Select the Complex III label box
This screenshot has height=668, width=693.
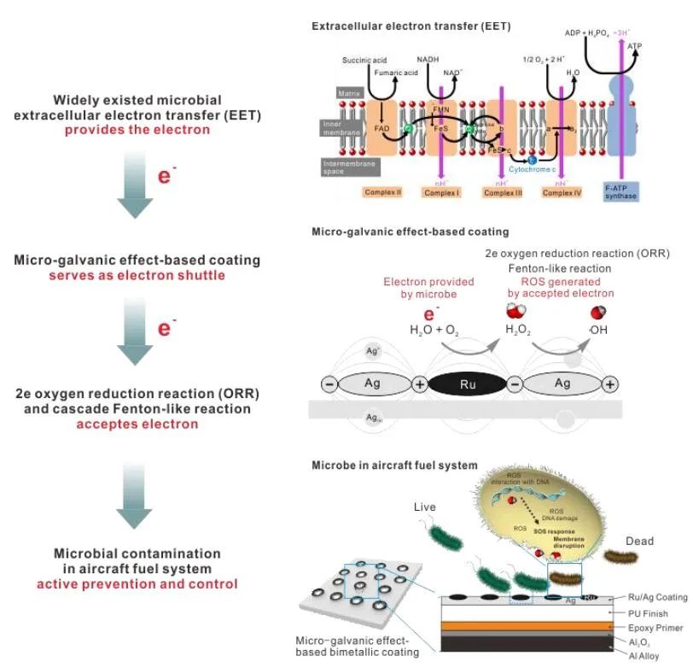point(503,193)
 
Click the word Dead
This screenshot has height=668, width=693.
point(639,541)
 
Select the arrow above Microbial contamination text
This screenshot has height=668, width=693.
point(134,496)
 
